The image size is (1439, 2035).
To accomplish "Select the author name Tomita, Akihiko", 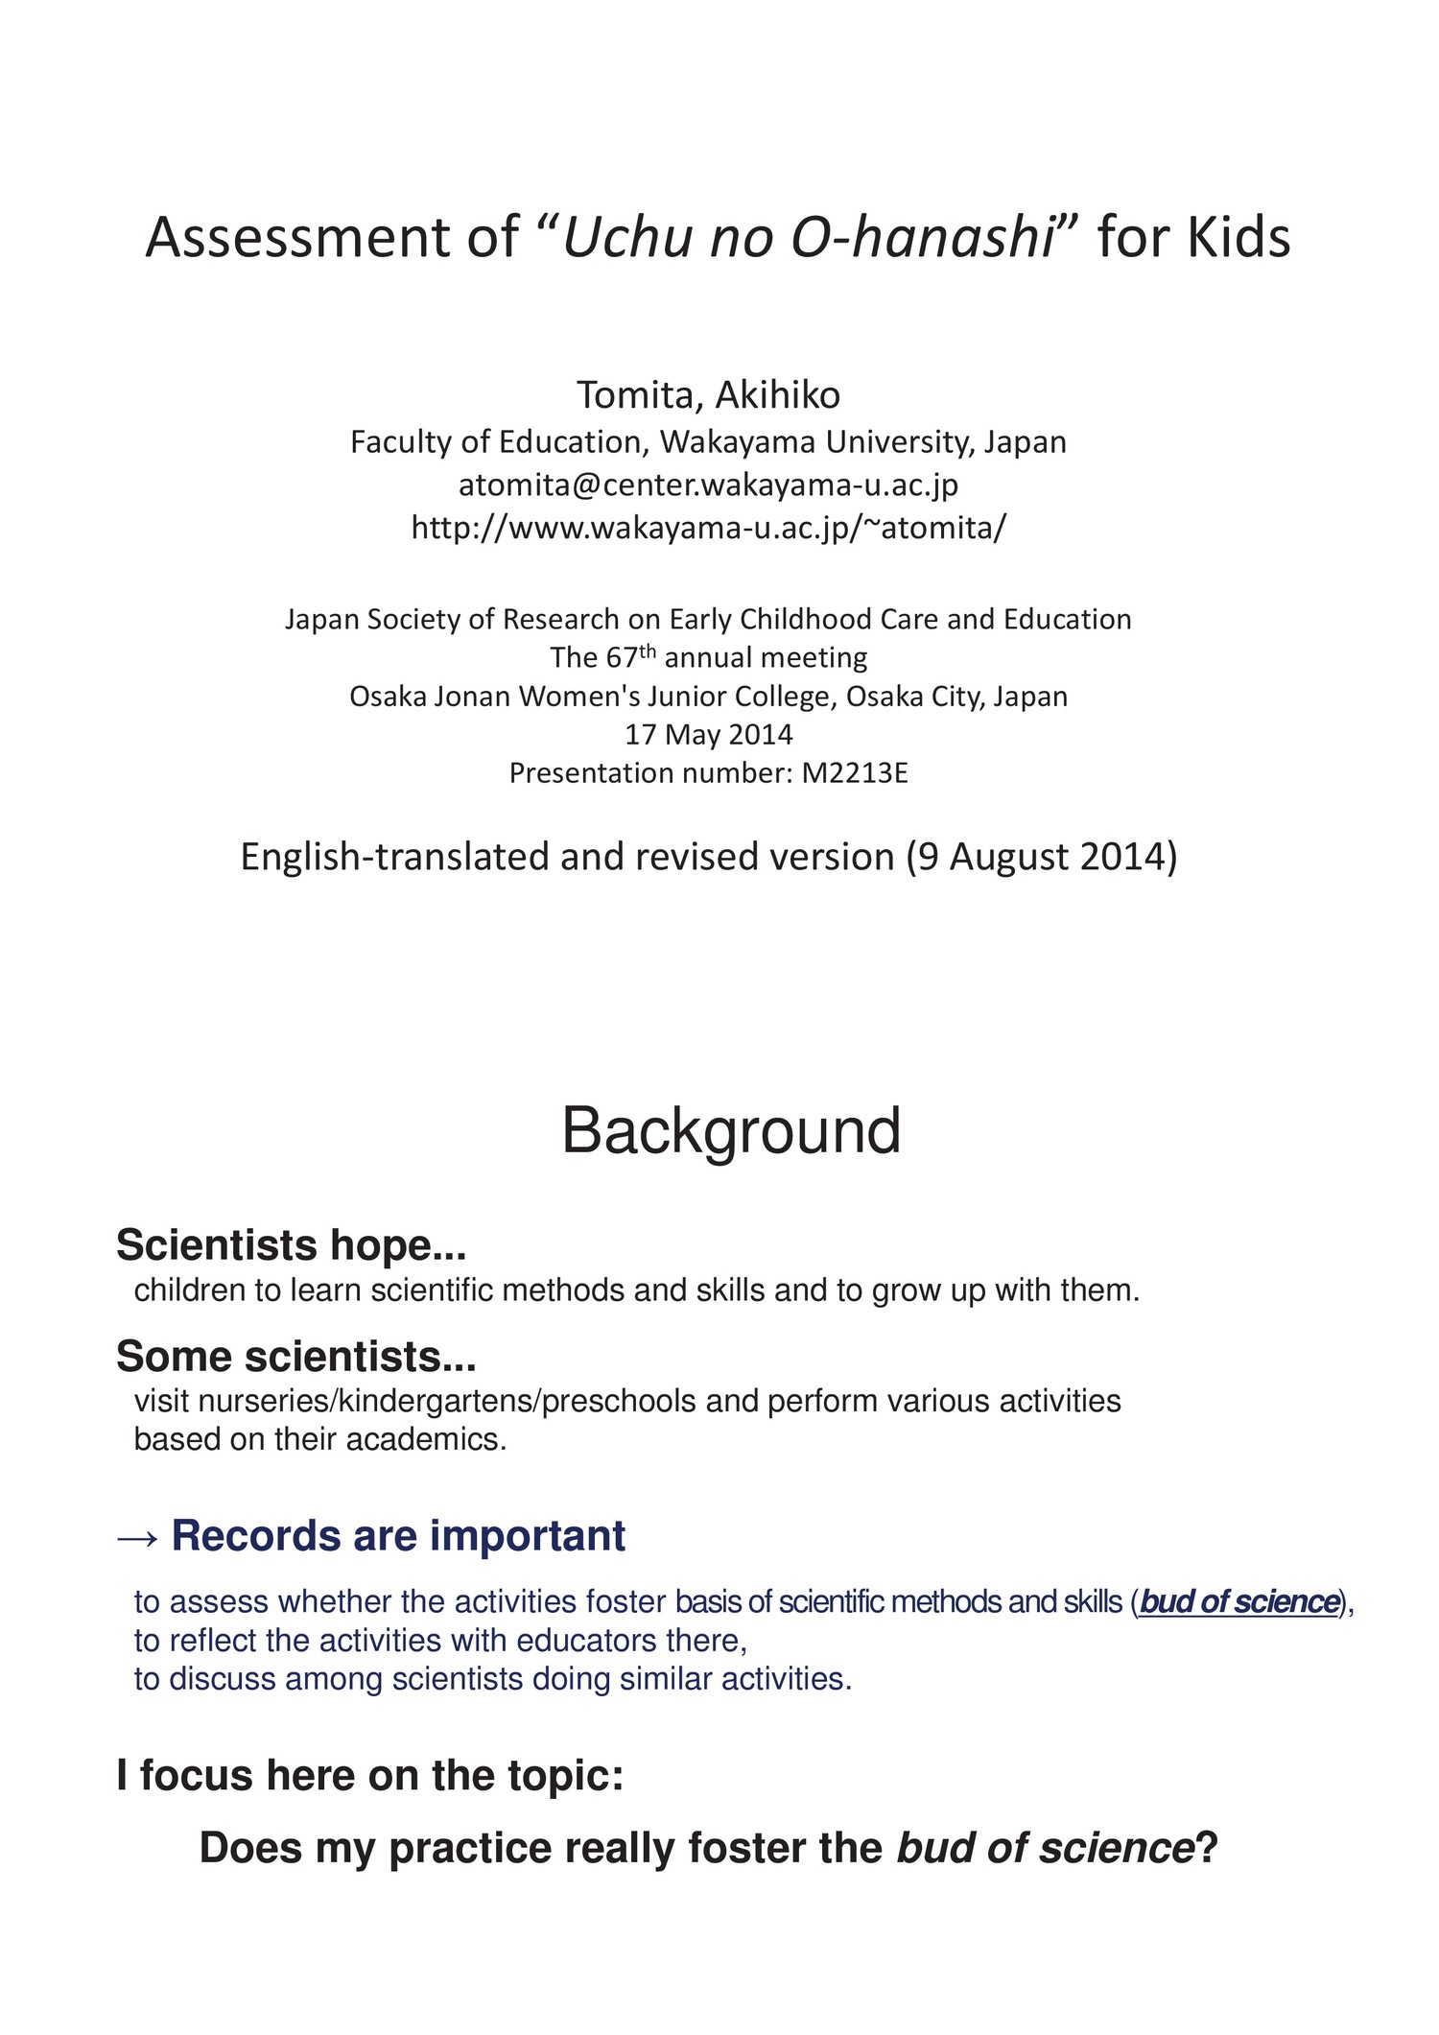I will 708,394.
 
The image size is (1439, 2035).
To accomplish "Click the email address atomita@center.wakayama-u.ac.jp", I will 708,485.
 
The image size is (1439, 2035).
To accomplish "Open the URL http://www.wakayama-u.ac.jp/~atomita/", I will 709,528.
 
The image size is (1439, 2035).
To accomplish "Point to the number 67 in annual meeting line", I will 621,658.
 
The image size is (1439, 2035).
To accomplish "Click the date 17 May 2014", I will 709,735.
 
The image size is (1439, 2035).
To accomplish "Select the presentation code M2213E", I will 854,773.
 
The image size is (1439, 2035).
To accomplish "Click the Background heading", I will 731,1131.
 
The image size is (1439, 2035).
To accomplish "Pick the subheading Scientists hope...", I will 291,1245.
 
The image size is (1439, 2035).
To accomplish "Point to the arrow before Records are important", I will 137,1536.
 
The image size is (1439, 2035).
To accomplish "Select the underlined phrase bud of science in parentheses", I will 1238,1602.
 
